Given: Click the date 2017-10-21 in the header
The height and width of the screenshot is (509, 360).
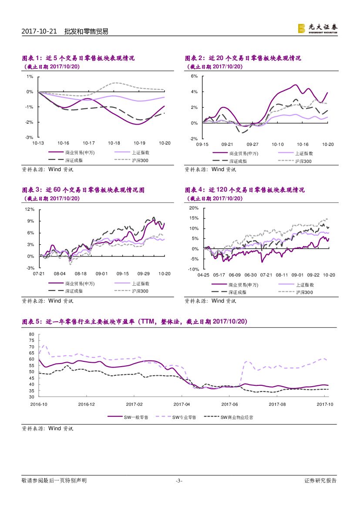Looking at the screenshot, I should (x=39, y=31).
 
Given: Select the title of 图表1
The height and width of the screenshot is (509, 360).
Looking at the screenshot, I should (x=78, y=58).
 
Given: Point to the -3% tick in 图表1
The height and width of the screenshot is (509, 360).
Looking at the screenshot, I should (x=30, y=138).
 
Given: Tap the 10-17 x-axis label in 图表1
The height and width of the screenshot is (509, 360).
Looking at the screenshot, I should (x=89, y=143).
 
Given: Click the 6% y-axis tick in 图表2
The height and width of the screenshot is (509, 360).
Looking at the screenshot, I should (x=194, y=77).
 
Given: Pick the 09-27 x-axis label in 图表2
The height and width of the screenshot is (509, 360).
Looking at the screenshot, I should (x=252, y=144).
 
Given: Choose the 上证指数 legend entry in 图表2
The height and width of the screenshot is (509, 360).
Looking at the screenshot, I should (x=304, y=153).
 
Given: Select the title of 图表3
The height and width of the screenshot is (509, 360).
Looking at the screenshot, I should (x=83, y=190).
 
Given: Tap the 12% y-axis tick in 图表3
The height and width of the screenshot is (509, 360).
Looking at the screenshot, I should (x=30, y=209).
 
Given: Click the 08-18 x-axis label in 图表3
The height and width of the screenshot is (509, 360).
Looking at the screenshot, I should (x=81, y=274).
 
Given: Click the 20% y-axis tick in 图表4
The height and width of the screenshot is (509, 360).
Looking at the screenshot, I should (x=194, y=208).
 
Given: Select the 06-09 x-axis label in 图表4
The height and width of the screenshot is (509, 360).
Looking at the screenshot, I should (x=235, y=275).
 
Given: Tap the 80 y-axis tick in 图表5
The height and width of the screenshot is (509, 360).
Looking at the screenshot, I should (x=31, y=334).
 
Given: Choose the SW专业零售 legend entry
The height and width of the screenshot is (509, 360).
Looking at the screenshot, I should (x=184, y=417).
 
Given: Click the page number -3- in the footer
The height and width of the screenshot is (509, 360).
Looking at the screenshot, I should (x=179, y=481).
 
